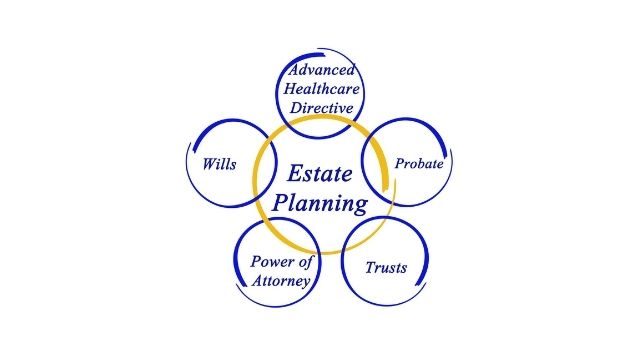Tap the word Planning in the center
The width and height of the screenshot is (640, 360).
pyautogui.click(x=323, y=204)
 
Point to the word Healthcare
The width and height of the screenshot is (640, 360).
pyautogui.click(x=323, y=88)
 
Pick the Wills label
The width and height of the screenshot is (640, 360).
pyautogui.click(x=219, y=163)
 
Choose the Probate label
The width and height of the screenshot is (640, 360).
pyautogui.click(x=419, y=162)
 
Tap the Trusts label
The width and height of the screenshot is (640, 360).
pyautogui.click(x=385, y=267)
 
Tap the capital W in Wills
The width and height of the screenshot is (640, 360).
pyautogui.click(x=207, y=163)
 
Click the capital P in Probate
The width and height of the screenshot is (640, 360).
pyautogui.click(x=399, y=162)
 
